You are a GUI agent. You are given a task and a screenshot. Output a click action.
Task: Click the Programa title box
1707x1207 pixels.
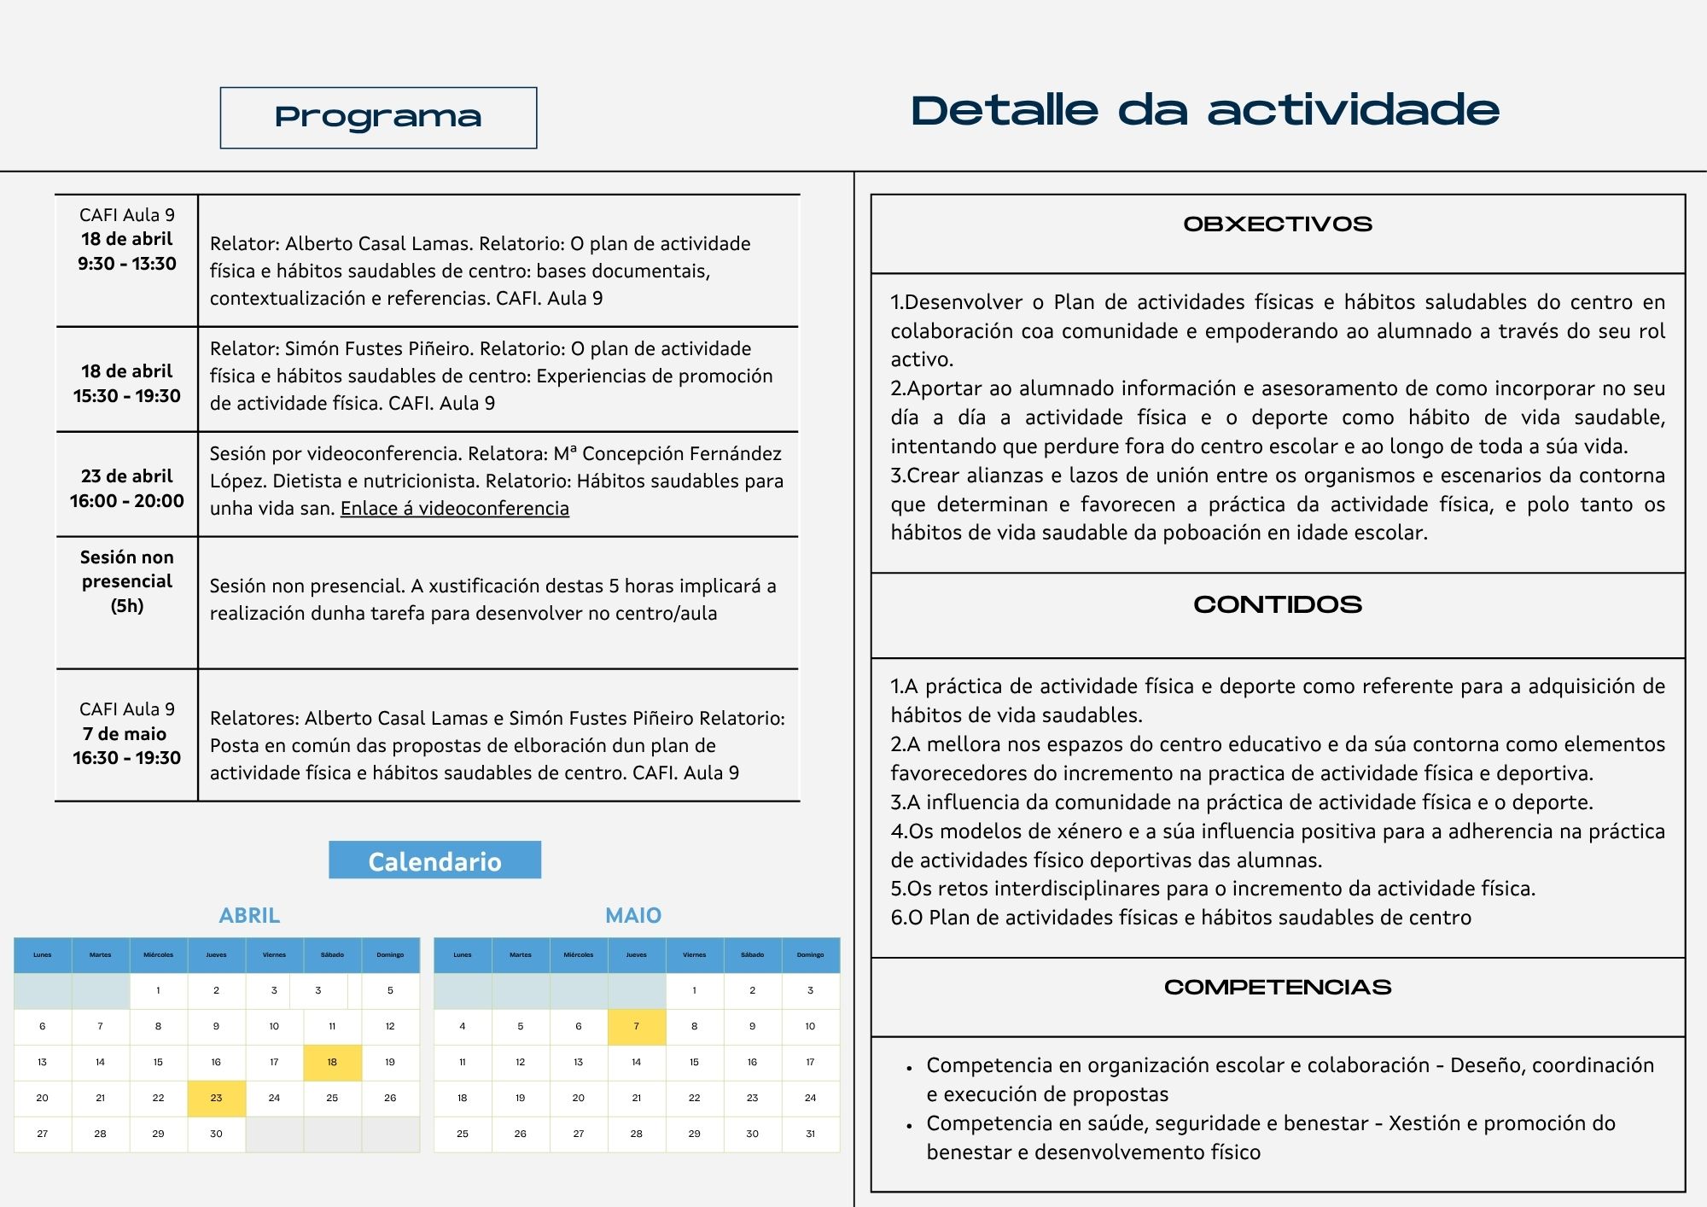pyautogui.click(x=378, y=118)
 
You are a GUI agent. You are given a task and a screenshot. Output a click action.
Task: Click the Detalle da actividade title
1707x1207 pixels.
pyautogui.click(x=1204, y=111)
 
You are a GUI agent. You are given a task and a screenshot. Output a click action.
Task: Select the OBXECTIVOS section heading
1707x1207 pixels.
pyautogui.click(x=1277, y=224)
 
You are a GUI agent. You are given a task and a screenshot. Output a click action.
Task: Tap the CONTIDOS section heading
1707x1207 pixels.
pyautogui.click(x=1277, y=604)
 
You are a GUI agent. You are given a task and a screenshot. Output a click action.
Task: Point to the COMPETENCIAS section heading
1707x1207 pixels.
pyautogui.click(x=1277, y=988)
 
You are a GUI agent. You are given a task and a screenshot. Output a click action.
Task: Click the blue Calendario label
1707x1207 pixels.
pyautogui.click(x=434, y=860)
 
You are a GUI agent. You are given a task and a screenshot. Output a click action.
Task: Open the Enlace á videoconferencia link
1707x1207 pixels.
pyautogui.click(x=454, y=509)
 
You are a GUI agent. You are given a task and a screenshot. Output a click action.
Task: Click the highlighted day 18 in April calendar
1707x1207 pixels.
pyautogui.click(x=332, y=1063)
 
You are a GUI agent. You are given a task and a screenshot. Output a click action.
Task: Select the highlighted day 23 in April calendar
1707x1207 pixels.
pyautogui.click(x=216, y=1099)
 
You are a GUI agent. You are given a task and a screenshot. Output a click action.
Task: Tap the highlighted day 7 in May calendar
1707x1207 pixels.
pyautogui.click(x=636, y=1027)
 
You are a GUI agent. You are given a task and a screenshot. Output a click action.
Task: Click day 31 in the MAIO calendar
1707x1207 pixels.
pyautogui.click(x=810, y=1134)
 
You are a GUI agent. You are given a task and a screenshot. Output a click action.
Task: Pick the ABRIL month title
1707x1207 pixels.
pyautogui.click(x=249, y=916)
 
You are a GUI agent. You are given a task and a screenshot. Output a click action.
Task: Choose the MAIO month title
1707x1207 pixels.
pyautogui.click(x=633, y=916)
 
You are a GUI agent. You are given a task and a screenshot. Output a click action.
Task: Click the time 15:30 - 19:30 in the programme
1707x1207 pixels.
pyautogui.click(x=127, y=396)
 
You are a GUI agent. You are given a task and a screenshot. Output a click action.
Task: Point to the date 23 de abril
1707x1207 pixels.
pyautogui.click(x=127, y=476)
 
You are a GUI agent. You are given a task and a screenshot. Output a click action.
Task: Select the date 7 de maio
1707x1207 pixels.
pyautogui.click(x=125, y=734)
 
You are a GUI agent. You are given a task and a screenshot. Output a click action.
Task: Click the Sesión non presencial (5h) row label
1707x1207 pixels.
pyautogui.click(x=127, y=581)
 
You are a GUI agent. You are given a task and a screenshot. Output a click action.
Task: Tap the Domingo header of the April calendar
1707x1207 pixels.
pyautogui.click(x=390, y=955)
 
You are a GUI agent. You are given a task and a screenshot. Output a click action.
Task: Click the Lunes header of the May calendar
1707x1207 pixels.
pyautogui.click(x=463, y=955)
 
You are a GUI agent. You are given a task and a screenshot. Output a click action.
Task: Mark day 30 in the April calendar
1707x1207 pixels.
pyautogui.click(x=216, y=1134)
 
